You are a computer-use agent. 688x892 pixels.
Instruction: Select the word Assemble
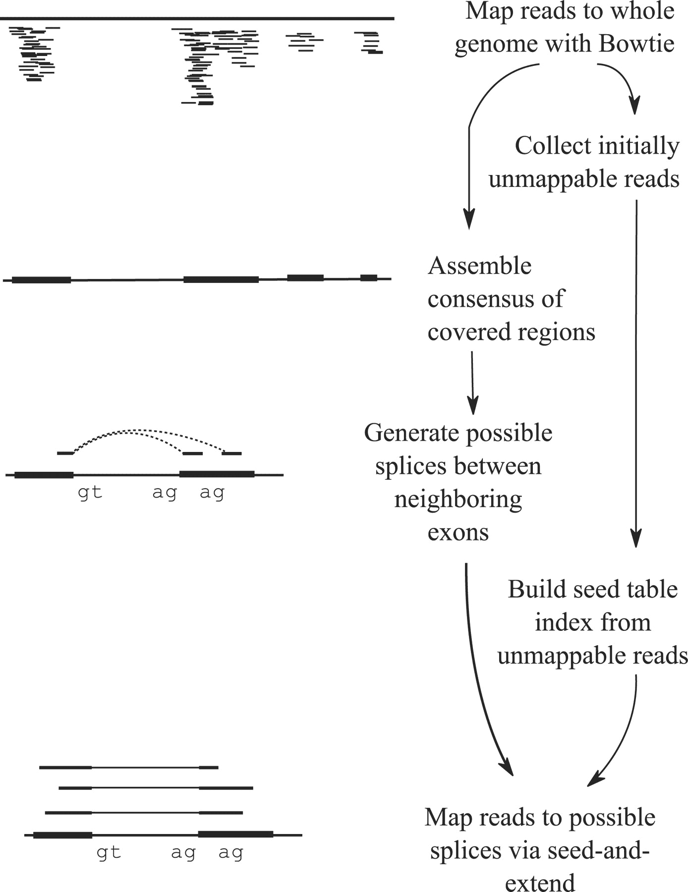(479, 266)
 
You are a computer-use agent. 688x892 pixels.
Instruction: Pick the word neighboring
(458, 500)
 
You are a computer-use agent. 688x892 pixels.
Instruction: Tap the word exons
(458, 532)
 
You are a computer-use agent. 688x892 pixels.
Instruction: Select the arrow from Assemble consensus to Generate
(472, 382)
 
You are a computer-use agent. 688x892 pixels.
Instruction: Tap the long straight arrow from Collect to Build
(636, 372)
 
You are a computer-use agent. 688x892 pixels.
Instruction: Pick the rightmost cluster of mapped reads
(369, 42)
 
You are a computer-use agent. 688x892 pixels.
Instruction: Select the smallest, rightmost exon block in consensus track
(368, 278)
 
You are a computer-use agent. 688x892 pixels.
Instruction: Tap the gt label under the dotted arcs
(90, 493)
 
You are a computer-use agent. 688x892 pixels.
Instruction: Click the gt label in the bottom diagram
(109, 852)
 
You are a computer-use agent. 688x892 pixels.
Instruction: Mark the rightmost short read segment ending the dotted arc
(232, 453)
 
